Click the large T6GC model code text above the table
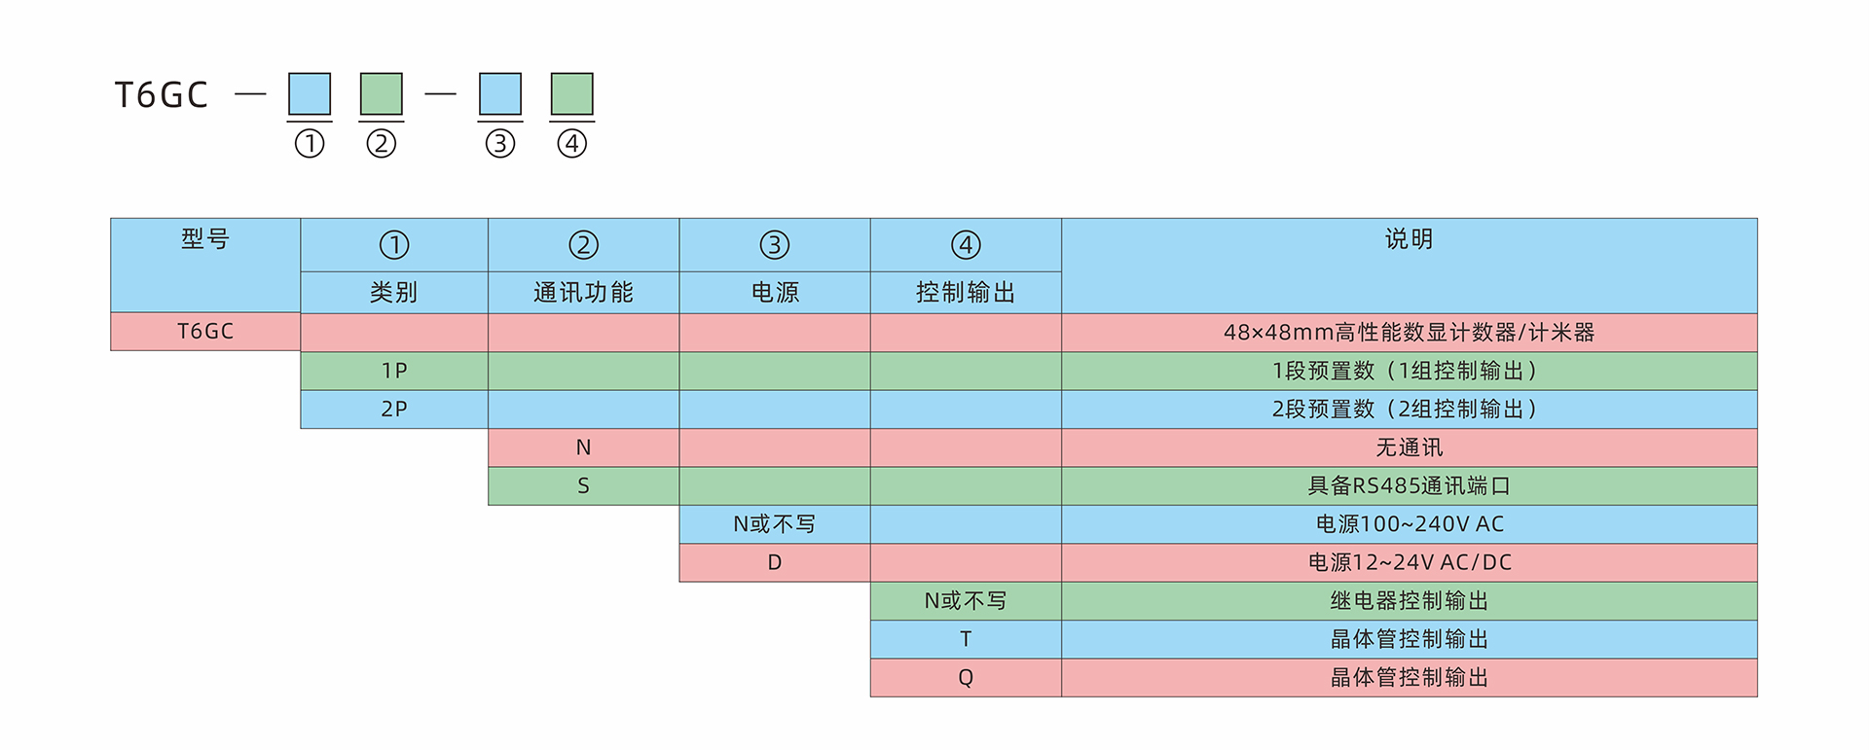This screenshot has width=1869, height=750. pos(162,94)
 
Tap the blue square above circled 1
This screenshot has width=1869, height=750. pos(310,93)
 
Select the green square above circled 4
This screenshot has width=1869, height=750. pos(572,93)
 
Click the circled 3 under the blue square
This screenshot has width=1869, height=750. pos(500,144)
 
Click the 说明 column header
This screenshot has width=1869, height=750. pos(1409,238)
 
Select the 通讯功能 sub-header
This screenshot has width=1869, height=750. pos(583,292)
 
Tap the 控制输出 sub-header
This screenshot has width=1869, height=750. pos(966,292)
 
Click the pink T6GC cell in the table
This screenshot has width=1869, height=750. pos(205,331)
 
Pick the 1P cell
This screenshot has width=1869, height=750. pos(394,371)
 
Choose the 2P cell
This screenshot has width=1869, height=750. pos(394,409)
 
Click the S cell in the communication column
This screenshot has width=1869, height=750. pos(583,485)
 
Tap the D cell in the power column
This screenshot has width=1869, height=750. pos(775,562)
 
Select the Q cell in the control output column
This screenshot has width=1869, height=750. pos(966,677)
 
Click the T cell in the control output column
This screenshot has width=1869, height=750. pos(966,639)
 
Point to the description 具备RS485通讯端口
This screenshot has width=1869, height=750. pos(1409,485)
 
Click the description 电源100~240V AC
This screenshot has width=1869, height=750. pos(1409,524)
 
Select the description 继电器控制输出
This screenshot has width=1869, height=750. pos(1409,600)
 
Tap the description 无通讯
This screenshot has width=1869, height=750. pos(1409,447)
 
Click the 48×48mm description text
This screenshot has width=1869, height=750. pos(1409,332)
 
